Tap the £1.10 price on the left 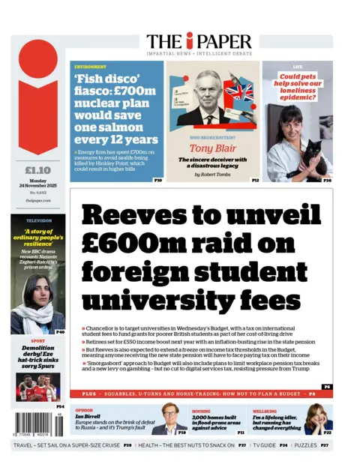[37, 169]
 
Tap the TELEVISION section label [39, 221]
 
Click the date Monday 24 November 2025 [37, 185]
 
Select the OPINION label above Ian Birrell [83, 410]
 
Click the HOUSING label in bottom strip [200, 410]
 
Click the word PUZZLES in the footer [304, 445]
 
